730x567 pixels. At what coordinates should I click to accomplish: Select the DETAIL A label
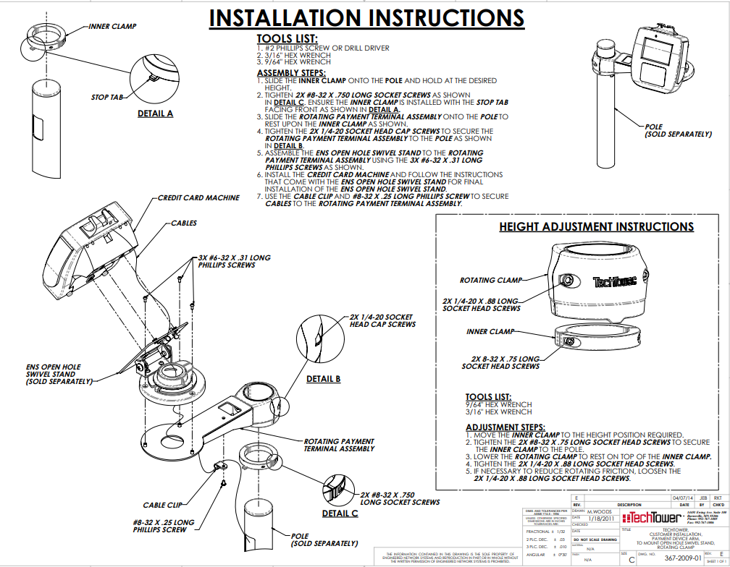pyautogui.click(x=155, y=114)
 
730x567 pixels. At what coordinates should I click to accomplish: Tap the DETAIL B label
pyautogui.click(x=323, y=379)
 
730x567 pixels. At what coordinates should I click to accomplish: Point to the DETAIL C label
pyautogui.click(x=340, y=513)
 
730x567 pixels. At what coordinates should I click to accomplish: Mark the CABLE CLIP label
pyautogui.click(x=162, y=505)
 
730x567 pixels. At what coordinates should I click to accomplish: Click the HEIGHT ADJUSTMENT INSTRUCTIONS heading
pyautogui.click(x=596, y=226)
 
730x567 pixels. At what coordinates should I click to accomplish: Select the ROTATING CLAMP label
pyautogui.click(x=491, y=280)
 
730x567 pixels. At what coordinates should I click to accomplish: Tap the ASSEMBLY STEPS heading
pyautogui.click(x=291, y=73)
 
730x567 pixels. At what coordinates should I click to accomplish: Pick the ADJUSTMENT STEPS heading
pyautogui.click(x=505, y=427)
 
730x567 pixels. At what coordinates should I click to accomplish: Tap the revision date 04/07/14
pyautogui.click(x=683, y=498)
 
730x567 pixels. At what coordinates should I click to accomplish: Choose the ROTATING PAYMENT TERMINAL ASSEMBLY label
pyautogui.click(x=338, y=445)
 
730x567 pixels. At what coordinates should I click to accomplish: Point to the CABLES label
pyautogui.click(x=184, y=223)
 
